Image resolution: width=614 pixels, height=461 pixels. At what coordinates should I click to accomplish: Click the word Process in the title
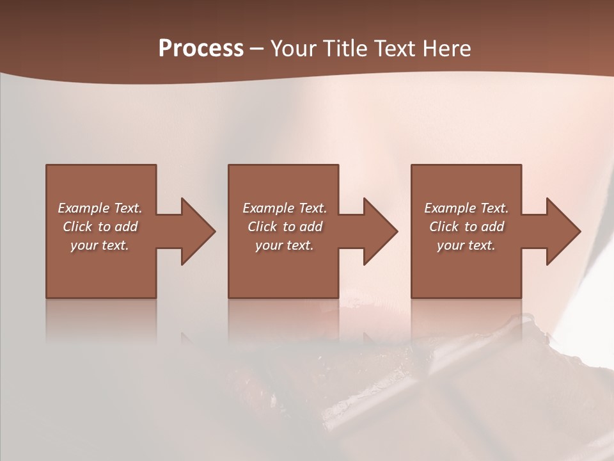[201, 49]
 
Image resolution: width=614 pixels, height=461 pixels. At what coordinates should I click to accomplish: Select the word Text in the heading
[395, 49]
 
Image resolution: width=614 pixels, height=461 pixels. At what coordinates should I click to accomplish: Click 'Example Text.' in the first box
[100, 208]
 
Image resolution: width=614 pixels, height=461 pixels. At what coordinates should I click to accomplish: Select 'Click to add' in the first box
[100, 227]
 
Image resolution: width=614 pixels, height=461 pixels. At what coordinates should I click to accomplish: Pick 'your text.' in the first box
[100, 245]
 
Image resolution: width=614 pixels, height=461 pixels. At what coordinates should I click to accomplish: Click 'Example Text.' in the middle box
[285, 208]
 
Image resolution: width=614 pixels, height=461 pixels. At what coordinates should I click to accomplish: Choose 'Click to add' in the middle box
[285, 227]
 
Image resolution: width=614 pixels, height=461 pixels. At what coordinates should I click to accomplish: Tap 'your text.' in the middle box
[285, 245]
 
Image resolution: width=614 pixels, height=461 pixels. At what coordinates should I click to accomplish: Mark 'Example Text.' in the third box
[466, 208]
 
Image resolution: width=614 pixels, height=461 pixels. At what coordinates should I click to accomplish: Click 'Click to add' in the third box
[466, 227]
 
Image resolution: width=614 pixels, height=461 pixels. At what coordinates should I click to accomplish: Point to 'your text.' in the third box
[466, 245]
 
